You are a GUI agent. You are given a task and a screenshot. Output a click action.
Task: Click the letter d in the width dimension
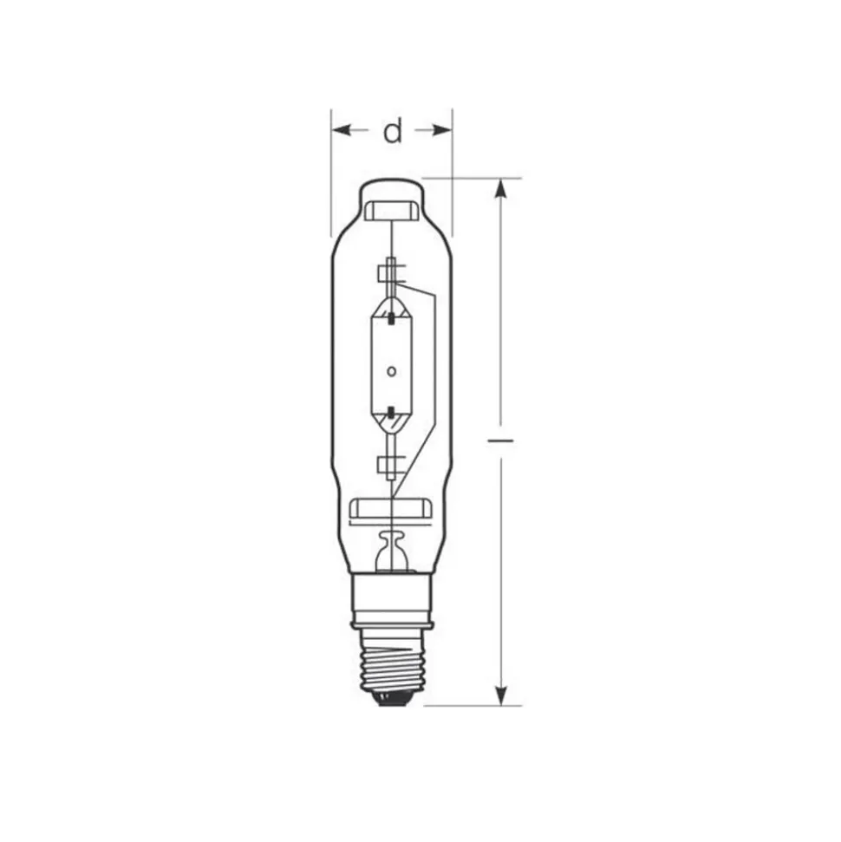click(x=394, y=131)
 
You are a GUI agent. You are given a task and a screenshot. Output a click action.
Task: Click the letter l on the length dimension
click(x=500, y=441)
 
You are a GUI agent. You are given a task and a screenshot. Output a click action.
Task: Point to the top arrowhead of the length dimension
click(x=500, y=188)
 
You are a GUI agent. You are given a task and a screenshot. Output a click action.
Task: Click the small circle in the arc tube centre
click(x=391, y=371)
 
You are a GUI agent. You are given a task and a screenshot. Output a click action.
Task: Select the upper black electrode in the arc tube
click(x=392, y=318)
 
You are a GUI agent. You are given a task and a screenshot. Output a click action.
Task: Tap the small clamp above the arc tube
click(x=388, y=275)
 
